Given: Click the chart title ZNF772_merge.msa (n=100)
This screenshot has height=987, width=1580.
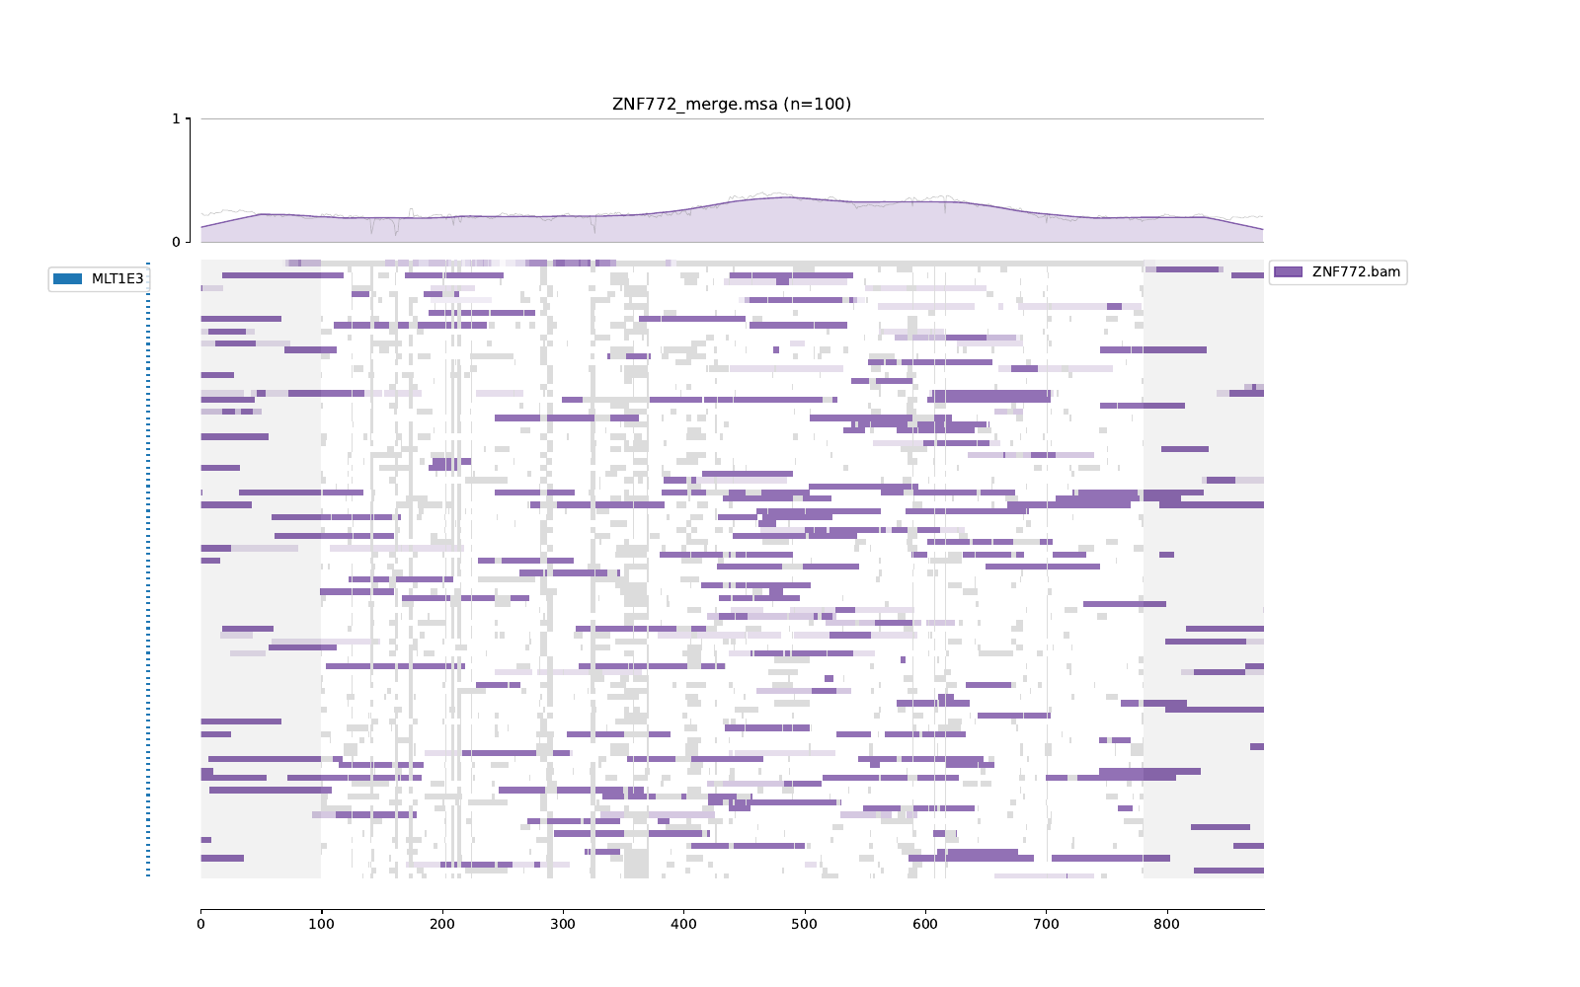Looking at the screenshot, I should pos(731,105).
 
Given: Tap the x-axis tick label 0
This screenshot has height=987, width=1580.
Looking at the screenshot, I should pos(200,925).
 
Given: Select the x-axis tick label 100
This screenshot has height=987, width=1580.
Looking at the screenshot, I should pos(321,925).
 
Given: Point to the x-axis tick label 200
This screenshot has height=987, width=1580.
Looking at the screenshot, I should pos(442,925).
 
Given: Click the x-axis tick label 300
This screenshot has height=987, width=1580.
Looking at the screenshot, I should pos(563,925).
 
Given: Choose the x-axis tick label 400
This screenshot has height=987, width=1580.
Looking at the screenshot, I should pos(683,925).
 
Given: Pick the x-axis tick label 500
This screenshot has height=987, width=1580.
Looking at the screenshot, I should pos(805,925).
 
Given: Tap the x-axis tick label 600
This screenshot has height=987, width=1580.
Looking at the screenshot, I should pos(925,925).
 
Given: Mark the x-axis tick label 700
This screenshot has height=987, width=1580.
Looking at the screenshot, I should pos(1046,925).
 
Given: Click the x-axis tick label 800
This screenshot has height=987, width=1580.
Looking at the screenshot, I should pos(1167,925).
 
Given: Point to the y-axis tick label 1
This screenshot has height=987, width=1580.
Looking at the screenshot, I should pos(176,118).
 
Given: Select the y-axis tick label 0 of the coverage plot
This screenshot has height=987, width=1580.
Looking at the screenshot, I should pos(176,242).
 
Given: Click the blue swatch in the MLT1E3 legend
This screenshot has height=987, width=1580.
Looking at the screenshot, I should pos(68,279).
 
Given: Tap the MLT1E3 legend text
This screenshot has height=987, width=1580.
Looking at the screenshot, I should pos(118,279).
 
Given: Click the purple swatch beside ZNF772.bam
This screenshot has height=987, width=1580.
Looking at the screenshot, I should pos(1288,272).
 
